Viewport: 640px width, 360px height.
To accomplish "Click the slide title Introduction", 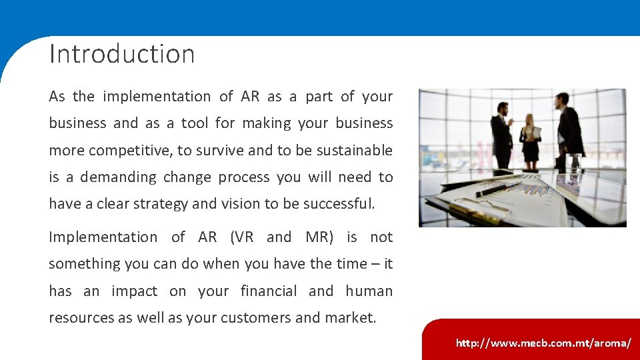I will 122,54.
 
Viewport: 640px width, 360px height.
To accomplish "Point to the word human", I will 369,291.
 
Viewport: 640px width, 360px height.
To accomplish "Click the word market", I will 350,318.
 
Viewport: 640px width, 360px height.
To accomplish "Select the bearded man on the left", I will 501,137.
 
